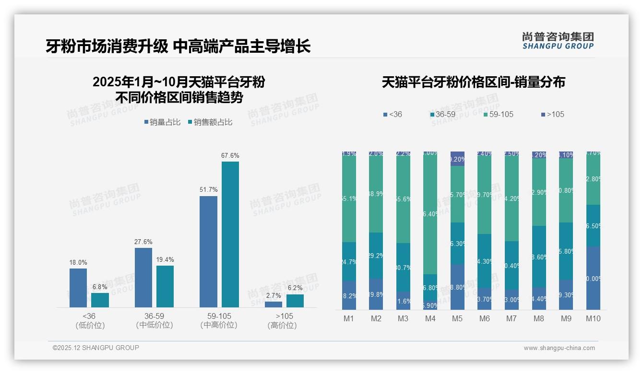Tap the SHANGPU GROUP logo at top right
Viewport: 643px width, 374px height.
(558, 41)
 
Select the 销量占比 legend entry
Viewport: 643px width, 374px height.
(162, 122)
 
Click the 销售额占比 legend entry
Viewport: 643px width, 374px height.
(210, 122)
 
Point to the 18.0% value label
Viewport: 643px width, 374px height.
(78, 262)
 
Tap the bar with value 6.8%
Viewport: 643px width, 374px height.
(100, 300)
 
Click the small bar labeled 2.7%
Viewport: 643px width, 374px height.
(274, 304)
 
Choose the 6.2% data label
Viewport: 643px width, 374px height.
(295, 288)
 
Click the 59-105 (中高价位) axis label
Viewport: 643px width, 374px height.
(219, 320)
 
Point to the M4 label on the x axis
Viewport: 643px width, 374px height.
(430, 318)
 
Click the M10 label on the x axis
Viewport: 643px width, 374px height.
(593, 318)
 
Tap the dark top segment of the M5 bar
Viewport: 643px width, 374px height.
(457, 159)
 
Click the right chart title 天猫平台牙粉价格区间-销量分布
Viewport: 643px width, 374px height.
(473, 82)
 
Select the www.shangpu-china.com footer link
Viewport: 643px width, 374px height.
(559, 348)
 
